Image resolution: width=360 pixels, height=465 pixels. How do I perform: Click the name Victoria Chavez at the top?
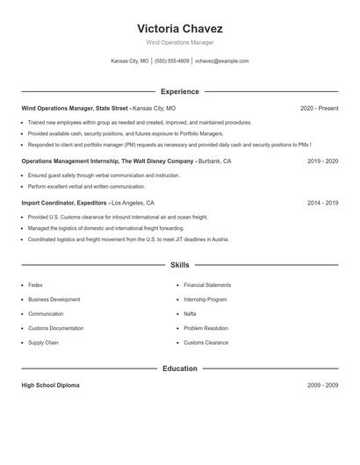(x=179, y=28)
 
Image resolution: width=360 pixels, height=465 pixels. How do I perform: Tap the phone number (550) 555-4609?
(x=172, y=61)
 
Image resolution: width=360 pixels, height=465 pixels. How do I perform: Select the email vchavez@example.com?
(x=222, y=61)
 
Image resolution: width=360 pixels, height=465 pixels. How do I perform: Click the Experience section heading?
(x=179, y=91)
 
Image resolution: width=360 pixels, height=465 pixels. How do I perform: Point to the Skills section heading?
(x=179, y=264)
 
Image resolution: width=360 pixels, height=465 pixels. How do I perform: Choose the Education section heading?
(x=179, y=368)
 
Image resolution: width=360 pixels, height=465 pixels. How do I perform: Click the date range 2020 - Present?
(x=319, y=108)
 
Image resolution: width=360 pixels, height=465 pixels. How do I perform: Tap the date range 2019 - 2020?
(x=322, y=161)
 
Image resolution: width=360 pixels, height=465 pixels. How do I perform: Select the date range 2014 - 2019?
(x=322, y=203)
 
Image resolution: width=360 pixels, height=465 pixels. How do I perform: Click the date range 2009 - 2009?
(x=322, y=385)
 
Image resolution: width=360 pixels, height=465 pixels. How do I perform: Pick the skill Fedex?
(x=35, y=285)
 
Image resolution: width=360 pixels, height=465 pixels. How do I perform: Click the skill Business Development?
(x=54, y=299)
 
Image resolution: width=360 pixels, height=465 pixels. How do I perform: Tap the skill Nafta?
(x=190, y=313)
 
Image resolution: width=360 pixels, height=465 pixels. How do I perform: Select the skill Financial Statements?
(x=207, y=285)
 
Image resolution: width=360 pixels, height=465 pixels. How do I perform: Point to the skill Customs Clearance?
(x=205, y=342)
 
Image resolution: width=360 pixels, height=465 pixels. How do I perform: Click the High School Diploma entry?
(x=50, y=385)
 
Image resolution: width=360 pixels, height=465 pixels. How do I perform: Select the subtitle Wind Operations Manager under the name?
(x=179, y=42)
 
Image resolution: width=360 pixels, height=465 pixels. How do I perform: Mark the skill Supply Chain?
(x=42, y=342)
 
